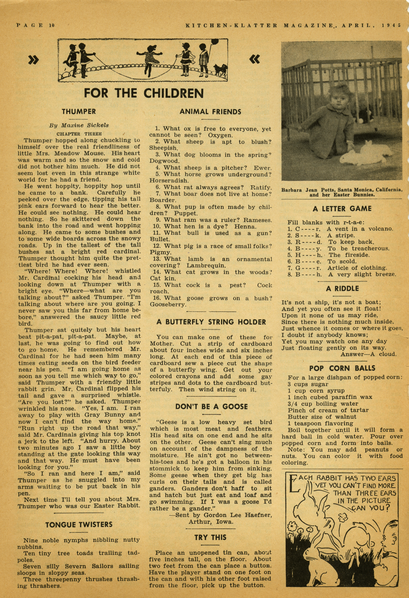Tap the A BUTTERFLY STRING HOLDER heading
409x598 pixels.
tap(211, 322)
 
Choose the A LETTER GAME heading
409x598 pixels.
tap(342, 209)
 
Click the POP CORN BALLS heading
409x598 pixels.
tap(342, 368)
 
